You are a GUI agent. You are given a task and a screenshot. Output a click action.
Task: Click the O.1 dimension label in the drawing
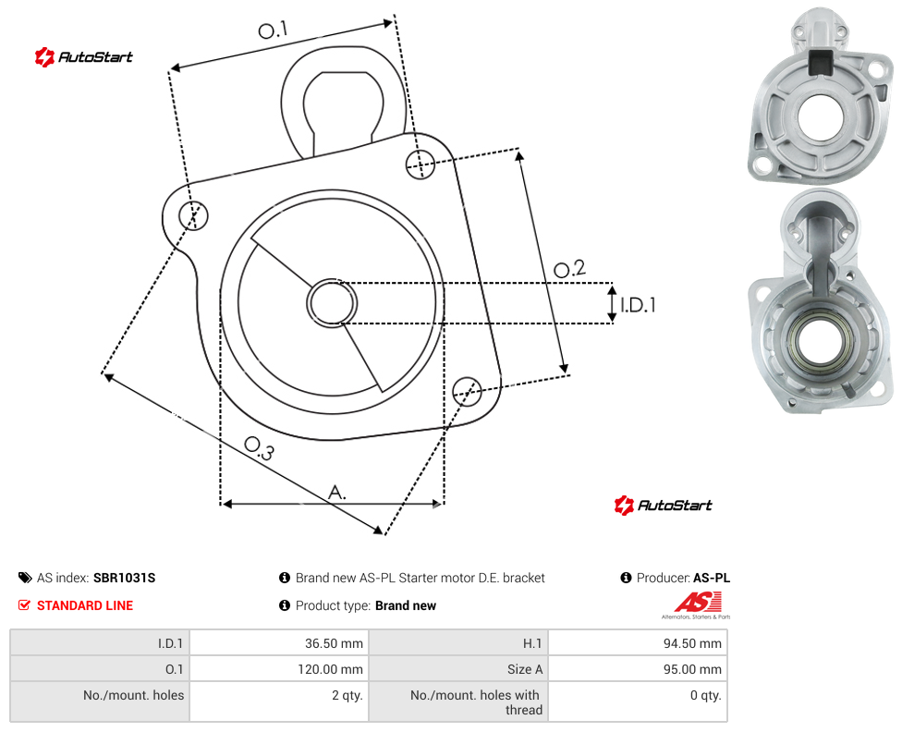click(273, 30)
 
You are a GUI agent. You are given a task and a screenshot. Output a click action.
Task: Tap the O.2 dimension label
click(569, 269)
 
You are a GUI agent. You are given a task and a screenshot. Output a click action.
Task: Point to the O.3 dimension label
click(259, 448)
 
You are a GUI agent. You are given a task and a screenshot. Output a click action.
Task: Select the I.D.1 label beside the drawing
click(638, 304)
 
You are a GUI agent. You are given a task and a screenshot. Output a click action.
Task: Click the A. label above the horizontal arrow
click(337, 493)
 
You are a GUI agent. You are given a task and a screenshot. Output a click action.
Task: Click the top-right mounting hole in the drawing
click(421, 164)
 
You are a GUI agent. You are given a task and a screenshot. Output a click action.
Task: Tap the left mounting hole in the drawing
click(193, 215)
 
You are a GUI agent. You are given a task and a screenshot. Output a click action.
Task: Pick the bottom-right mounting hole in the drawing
click(467, 392)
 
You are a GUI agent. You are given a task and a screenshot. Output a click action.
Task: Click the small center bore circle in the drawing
click(332, 303)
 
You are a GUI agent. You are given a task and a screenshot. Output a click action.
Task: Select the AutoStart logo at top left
click(84, 57)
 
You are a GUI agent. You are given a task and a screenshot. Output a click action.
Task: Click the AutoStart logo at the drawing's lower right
click(664, 506)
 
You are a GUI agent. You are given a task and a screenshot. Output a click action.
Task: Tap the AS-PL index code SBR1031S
click(124, 578)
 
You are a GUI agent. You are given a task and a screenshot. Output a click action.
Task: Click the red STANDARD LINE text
click(85, 605)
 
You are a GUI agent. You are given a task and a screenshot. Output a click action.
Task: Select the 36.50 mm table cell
click(279, 643)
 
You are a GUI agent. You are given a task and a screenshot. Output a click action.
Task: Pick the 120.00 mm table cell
click(279, 669)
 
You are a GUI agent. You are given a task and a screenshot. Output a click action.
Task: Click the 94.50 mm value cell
click(638, 643)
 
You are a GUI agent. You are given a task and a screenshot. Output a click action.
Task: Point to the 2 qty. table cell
click(279, 701)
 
